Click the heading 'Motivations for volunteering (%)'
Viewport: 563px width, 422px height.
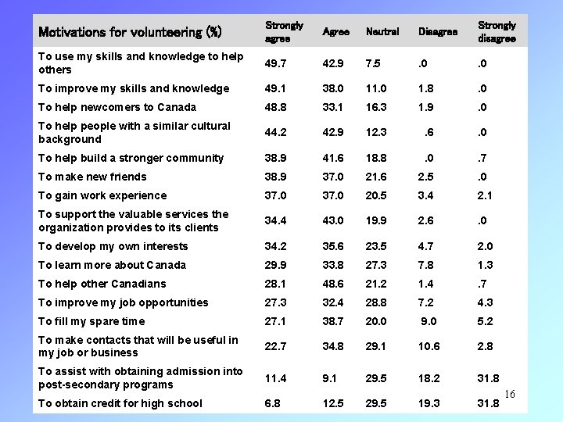coord(129,33)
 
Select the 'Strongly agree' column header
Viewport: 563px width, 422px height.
coord(278,32)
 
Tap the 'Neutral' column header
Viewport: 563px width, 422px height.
coord(382,32)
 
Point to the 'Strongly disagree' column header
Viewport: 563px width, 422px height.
coord(497,32)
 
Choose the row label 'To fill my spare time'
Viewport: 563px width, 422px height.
coord(91,321)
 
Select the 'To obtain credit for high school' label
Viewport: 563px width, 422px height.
coord(120,403)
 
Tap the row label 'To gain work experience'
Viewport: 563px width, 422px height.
coord(102,195)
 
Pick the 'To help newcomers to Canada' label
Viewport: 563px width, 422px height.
coord(117,107)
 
